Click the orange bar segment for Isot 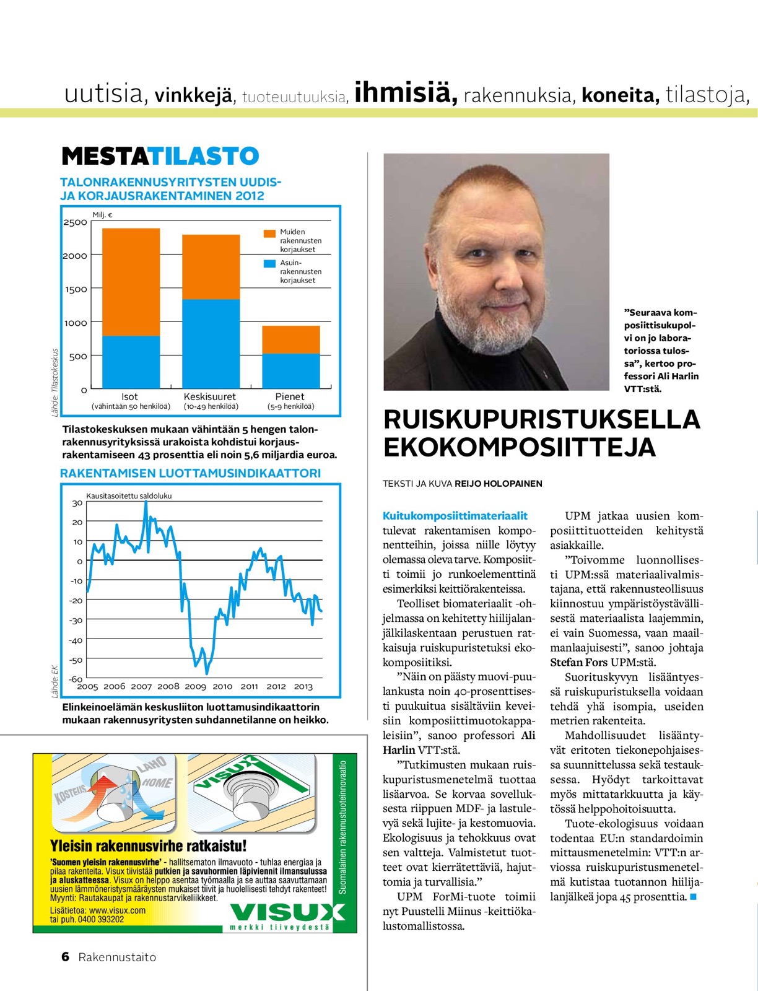131,282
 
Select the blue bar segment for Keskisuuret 211,344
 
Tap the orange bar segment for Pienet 290,339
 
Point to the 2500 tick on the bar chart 76,222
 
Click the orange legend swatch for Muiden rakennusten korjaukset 269,234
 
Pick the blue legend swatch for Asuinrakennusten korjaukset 269,263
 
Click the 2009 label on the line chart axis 195,686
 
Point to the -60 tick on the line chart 76,679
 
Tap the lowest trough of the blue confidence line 207,673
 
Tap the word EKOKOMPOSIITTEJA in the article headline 519,447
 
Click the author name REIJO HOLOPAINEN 498,484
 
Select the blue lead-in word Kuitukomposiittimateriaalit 455,516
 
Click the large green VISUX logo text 287,912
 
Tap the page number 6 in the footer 66,957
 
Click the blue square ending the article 693,896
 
